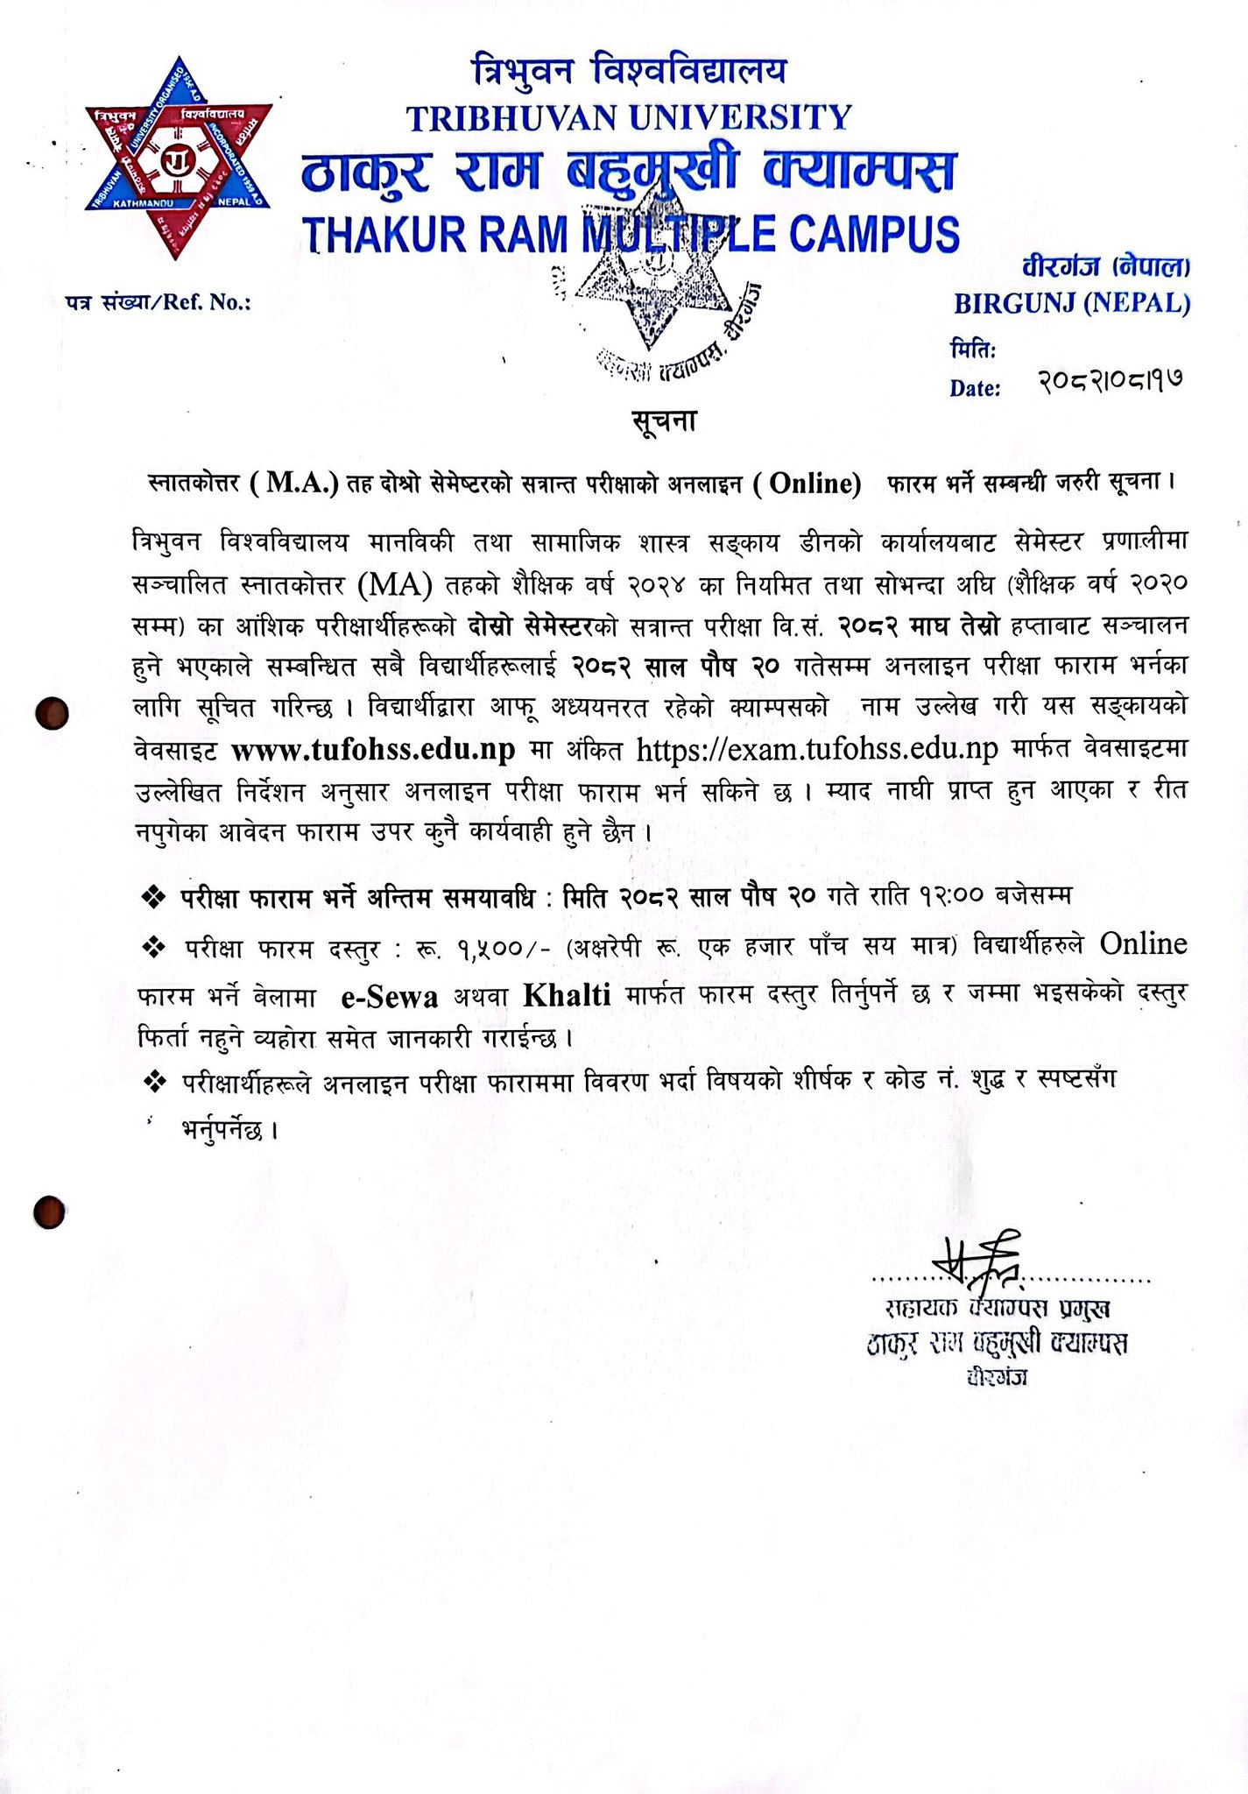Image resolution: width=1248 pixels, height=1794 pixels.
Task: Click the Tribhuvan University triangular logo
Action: [179, 159]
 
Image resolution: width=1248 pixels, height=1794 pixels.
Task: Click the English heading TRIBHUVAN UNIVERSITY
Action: [629, 117]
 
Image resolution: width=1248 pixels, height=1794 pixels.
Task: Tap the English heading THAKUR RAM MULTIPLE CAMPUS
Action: [630, 235]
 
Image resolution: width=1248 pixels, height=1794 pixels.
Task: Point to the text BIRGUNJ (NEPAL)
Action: [1071, 303]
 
